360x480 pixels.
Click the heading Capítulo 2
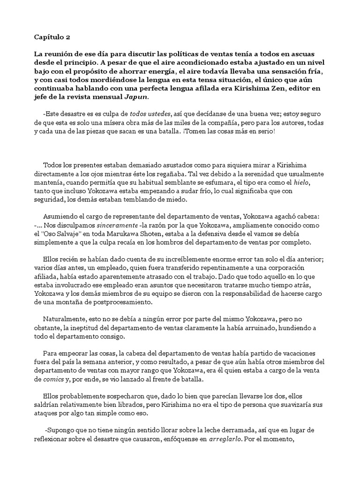tap(51, 37)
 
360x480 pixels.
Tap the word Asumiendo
tap(60, 217)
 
